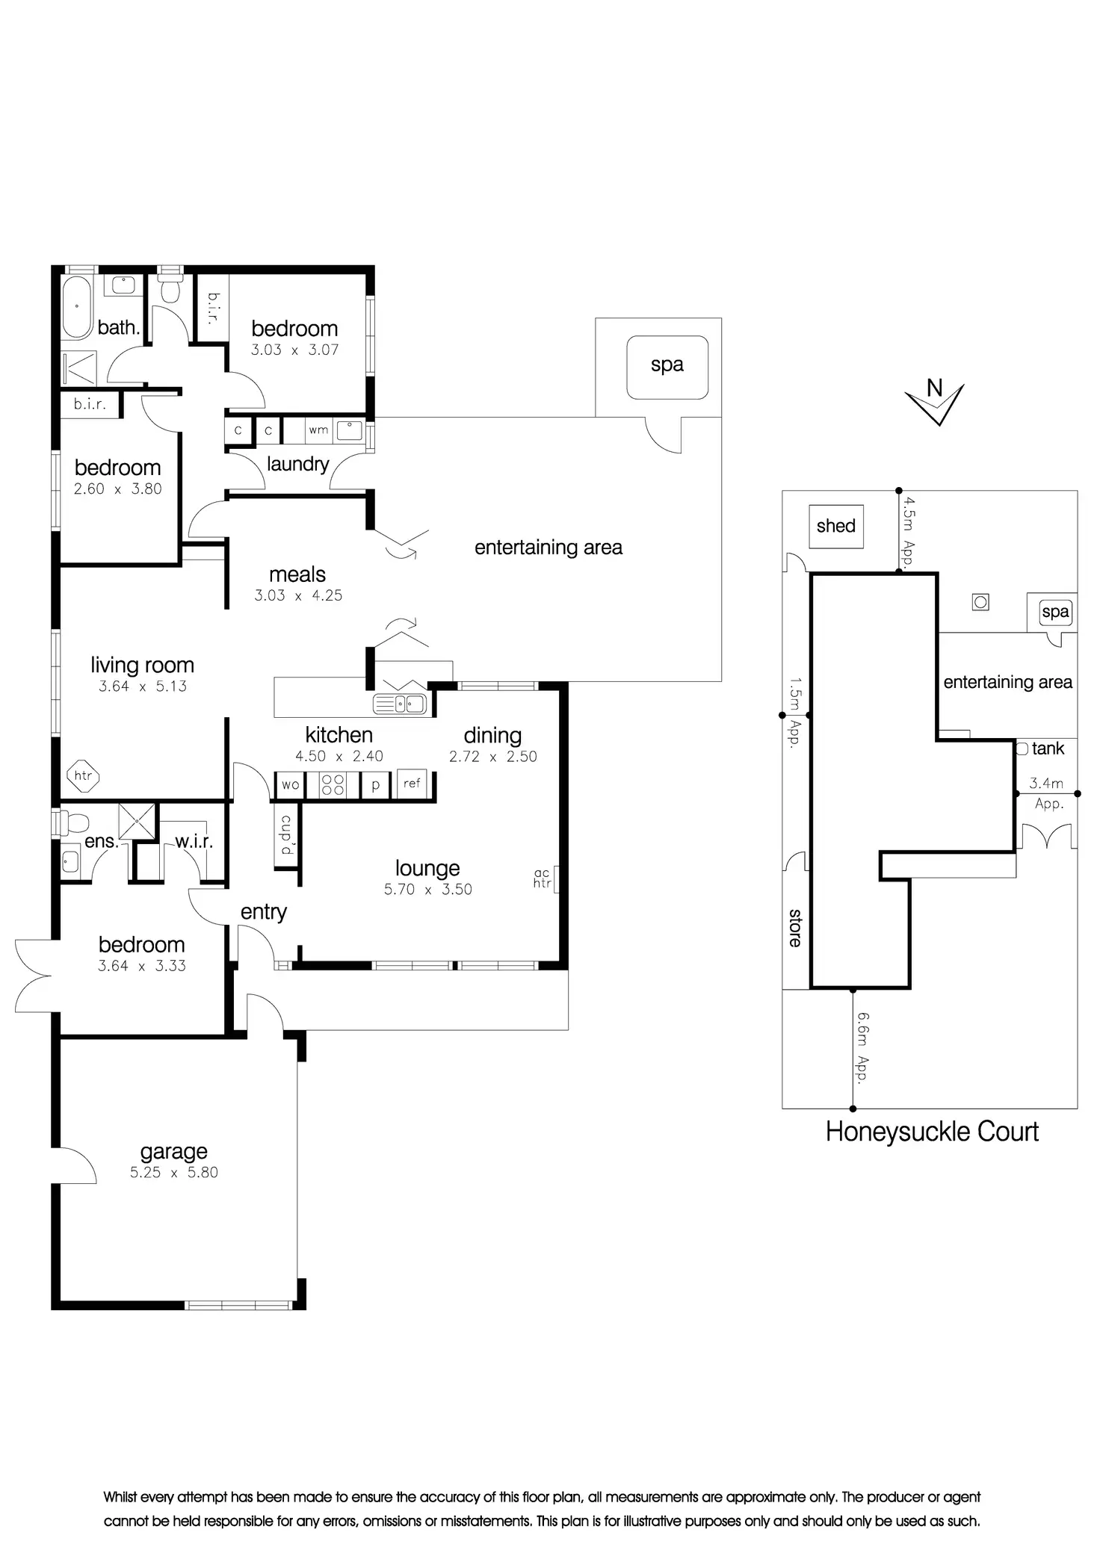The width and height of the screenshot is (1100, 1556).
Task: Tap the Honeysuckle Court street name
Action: click(932, 1132)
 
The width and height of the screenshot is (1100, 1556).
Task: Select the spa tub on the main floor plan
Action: click(667, 367)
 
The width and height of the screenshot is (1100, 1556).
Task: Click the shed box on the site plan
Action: click(836, 526)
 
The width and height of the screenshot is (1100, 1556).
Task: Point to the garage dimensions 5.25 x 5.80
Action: click(174, 1173)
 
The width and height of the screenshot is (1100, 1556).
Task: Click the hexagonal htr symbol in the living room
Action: click(83, 775)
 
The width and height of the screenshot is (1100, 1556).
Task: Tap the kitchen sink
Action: click(400, 704)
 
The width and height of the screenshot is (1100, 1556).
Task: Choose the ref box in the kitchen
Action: click(412, 784)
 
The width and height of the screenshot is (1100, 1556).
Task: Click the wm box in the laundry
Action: click(318, 430)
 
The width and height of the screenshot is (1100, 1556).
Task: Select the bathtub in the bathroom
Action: click(76, 308)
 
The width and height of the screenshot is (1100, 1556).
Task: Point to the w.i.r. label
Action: click(194, 842)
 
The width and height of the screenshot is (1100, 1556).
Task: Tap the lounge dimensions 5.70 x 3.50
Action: click(428, 890)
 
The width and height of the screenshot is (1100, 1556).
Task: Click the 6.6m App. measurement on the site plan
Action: click(864, 1048)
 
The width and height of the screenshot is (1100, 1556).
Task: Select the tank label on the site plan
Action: click(1048, 748)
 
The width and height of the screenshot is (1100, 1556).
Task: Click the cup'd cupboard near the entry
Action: click(286, 835)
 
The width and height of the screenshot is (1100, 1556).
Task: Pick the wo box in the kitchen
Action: click(290, 784)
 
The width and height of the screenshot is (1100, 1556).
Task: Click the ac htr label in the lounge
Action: click(543, 878)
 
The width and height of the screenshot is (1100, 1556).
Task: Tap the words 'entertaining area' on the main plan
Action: click(549, 548)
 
